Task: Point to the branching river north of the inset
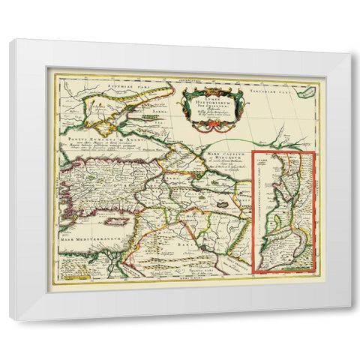pyautogui.click(x=281, y=139)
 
